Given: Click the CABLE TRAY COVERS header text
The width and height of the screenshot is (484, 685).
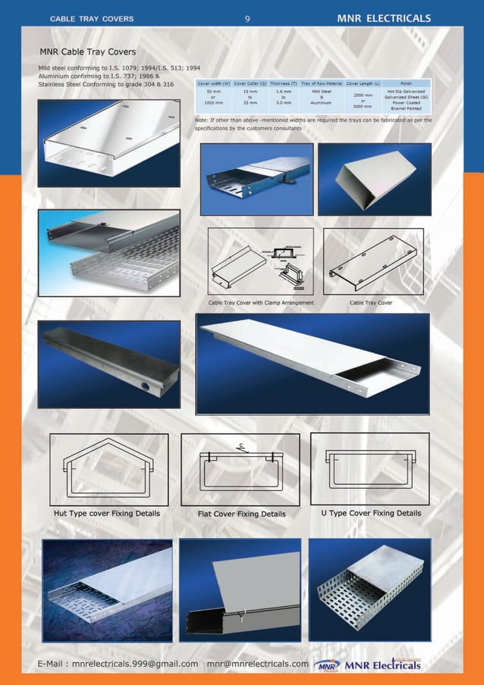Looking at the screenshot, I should (92, 18).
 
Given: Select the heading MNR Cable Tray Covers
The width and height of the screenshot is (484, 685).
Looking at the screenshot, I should (88, 52).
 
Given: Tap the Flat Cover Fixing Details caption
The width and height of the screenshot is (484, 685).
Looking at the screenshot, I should (241, 514).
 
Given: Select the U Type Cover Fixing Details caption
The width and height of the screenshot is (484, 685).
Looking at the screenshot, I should (371, 513).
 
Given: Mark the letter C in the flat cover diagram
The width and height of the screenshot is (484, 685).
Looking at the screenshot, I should (240, 445).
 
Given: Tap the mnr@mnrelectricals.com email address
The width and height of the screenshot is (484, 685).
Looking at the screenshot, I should (258, 665).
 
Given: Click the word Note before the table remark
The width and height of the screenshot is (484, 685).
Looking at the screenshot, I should (202, 120).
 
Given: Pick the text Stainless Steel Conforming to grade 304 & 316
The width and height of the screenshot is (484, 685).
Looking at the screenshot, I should (106, 84).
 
